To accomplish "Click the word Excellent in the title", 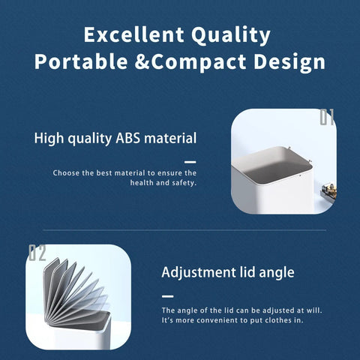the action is tap(134, 34).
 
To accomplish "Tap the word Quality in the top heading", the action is tap(231, 35).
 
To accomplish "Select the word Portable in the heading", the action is tap(81, 61).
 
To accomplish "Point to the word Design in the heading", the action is tap(289, 62).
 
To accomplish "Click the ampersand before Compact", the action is tap(142, 61).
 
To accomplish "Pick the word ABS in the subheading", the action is tap(127, 138).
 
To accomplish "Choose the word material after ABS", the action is tap(170, 138).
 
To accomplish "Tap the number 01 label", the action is tap(327, 117).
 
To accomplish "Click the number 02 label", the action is tap(37, 253).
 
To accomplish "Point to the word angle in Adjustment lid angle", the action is tap(277, 273).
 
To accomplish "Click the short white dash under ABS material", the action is tap(190, 162).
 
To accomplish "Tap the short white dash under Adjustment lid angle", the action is tap(167, 296).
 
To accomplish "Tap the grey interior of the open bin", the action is tap(272, 163).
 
